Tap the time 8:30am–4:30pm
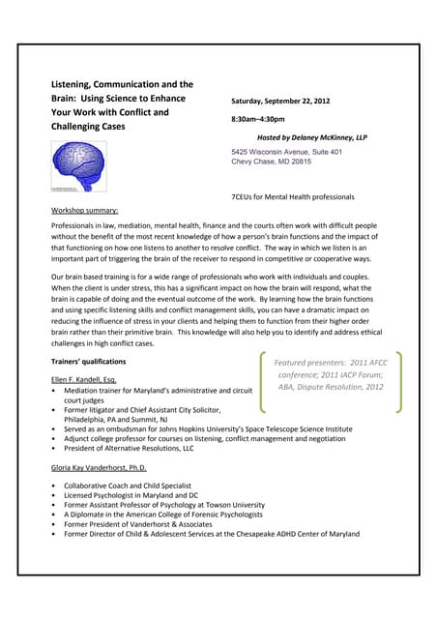tap(258, 119)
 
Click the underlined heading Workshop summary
tap(85, 209)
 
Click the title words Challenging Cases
tap(92, 126)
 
